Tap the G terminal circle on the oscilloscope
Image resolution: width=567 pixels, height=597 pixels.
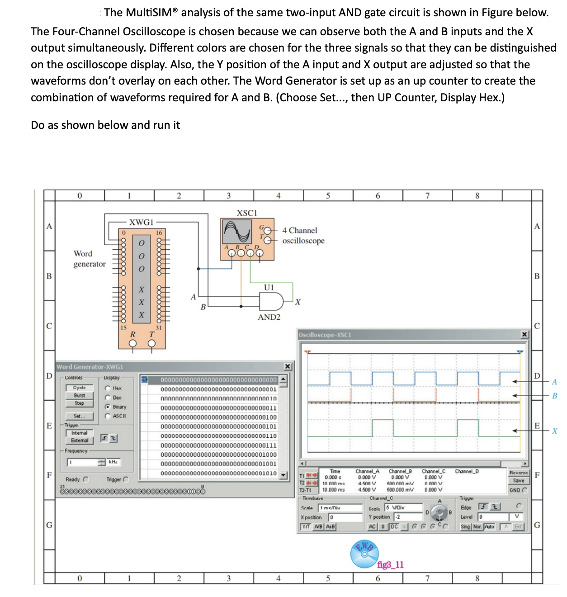268,230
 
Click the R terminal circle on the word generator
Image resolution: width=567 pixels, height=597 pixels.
132,343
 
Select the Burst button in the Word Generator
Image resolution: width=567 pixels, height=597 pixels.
80,395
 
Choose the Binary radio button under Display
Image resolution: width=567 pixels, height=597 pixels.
108,407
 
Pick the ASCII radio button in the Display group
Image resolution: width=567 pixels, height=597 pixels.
108,416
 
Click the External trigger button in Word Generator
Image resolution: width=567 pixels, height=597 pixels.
80,441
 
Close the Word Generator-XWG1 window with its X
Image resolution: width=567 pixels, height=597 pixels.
288,366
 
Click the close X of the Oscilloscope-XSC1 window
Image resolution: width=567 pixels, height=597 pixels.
524,335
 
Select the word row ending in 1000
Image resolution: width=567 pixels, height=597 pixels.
218,455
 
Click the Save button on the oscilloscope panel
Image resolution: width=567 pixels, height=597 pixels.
519,481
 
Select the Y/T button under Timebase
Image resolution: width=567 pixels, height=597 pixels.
307,527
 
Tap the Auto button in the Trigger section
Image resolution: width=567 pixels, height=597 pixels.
490,527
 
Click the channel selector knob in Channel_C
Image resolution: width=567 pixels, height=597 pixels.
438,512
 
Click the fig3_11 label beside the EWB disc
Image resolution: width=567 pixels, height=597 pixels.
390,564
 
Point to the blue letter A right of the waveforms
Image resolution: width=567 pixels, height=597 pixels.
554,382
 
